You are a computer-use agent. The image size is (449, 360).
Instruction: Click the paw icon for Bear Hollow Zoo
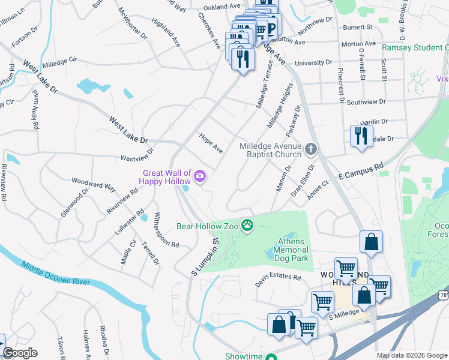[x=247, y=226]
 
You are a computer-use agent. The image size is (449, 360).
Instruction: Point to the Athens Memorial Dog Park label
[x=292, y=250]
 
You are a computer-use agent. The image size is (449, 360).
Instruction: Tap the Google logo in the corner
[x=19, y=353]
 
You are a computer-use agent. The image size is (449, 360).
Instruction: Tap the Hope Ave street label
[x=211, y=143]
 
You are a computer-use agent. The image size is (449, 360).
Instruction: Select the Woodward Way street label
[x=93, y=183]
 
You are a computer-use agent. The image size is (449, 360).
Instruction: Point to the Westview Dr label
[x=137, y=158]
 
